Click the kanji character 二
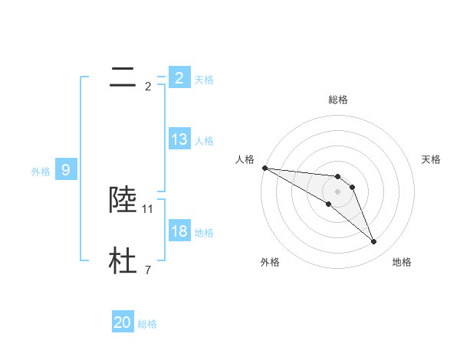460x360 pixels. (x=123, y=77)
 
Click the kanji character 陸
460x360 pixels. (x=123, y=200)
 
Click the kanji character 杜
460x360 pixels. (x=123, y=261)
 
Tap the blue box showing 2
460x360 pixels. (x=179, y=77)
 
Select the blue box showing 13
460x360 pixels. (x=179, y=139)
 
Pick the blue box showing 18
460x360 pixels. (x=179, y=231)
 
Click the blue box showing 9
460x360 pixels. (x=66, y=170)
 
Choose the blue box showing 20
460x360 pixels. (x=123, y=322)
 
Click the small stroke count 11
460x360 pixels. (x=148, y=208)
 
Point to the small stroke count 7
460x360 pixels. (x=148, y=270)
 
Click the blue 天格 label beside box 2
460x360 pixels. (x=204, y=79)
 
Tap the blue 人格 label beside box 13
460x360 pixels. (x=204, y=141)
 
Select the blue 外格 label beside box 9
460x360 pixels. (x=41, y=172)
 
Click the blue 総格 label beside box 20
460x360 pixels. (x=147, y=324)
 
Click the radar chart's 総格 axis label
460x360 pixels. (x=338, y=100)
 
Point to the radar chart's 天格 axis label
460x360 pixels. (x=432, y=159)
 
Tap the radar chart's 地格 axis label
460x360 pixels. (x=402, y=262)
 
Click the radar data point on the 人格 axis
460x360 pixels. (x=264, y=168)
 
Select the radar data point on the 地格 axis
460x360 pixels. (x=374, y=242)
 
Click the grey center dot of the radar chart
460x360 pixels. (x=338, y=191)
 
